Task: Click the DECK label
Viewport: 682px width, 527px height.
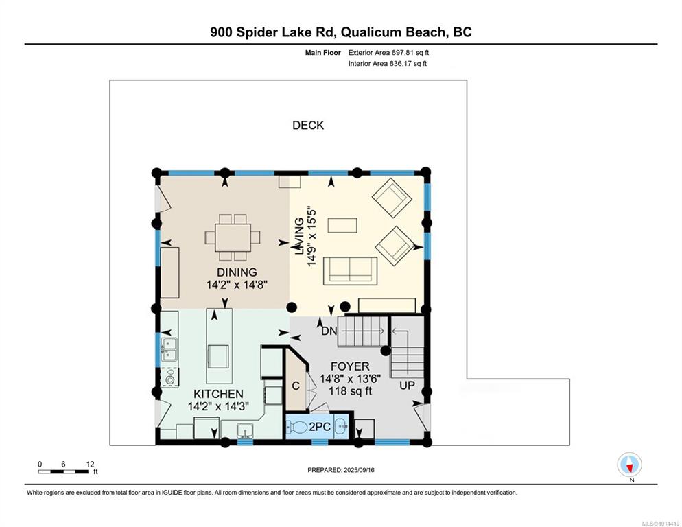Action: pyautogui.click(x=308, y=126)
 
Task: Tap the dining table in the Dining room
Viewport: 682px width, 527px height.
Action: pyautogui.click(x=233, y=237)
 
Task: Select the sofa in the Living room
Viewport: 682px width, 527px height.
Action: pyautogui.click(x=350, y=270)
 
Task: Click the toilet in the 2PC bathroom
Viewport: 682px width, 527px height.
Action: pyautogui.click(x=297, y=427)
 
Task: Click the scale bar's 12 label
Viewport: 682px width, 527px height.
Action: pyautogui.click(x=90, y=465)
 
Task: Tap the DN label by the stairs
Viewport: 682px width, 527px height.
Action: pyautogui.click(x=329, y=331)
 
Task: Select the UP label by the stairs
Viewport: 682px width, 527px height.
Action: pyautogui.click(x=407, y=386)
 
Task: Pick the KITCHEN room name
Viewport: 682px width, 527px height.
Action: pyautogui.click(x=218, y=394)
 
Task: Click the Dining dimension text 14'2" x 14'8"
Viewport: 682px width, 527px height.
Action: pyautogui.click(x=237, y=285)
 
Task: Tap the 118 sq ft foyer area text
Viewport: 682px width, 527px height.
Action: pyautogui.click(x=350, y=390)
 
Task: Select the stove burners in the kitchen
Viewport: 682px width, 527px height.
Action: pyautogui.click(x=169, y=377)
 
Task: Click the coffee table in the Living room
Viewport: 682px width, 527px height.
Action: pyautogui.click(x=342, y=226)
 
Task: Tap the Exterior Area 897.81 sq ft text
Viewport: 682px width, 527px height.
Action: pyautogui.click(x=388, y=53)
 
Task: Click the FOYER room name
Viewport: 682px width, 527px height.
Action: pyautogui.click(x=350, y=366)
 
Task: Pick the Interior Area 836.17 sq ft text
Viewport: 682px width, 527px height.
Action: pyautogui.click(x=388, y=64)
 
